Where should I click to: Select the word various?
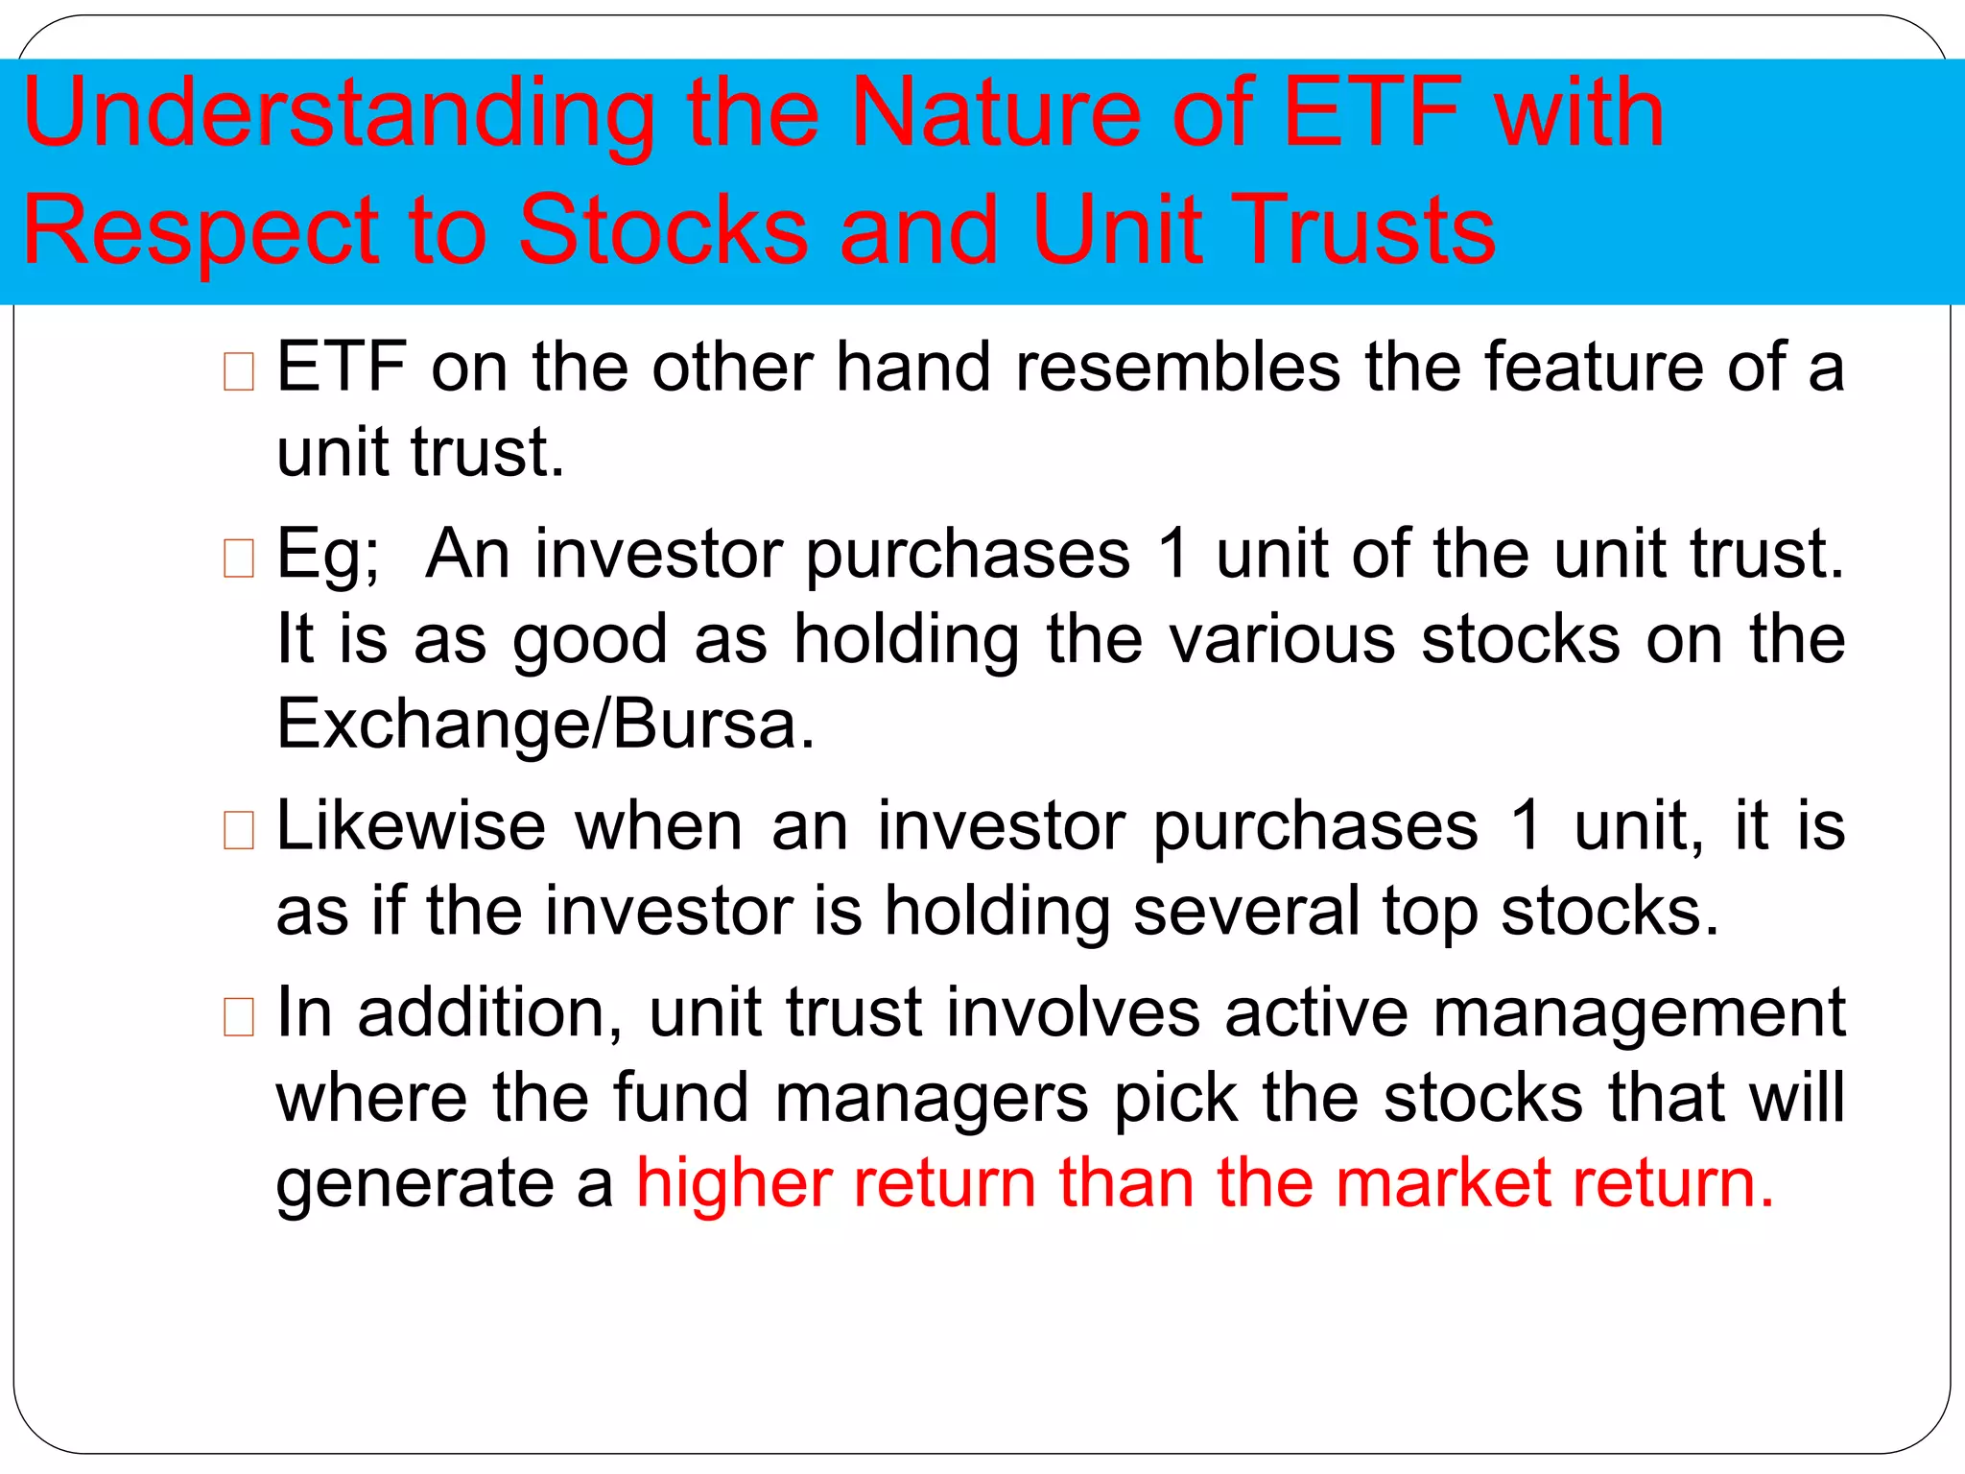pyautogui.click(x=1282, y=639)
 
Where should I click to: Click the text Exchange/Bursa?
pyautogui.click(x=545, y=724)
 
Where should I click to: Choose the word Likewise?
pyautogui.click(x=411, y=826)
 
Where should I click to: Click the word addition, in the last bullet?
pyautogui.click(x=490, y=1012)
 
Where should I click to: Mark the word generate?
pyautogui.click(x=414, y=1184)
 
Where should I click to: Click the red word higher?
pyautogui.click(x=733, y=1182)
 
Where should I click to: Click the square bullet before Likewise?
pyautogui.click(x=239, y=831)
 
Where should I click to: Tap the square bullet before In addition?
pyautogui.click(x=239, y=1017)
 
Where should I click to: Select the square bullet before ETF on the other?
pyautogui.click(x=239, y=372)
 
